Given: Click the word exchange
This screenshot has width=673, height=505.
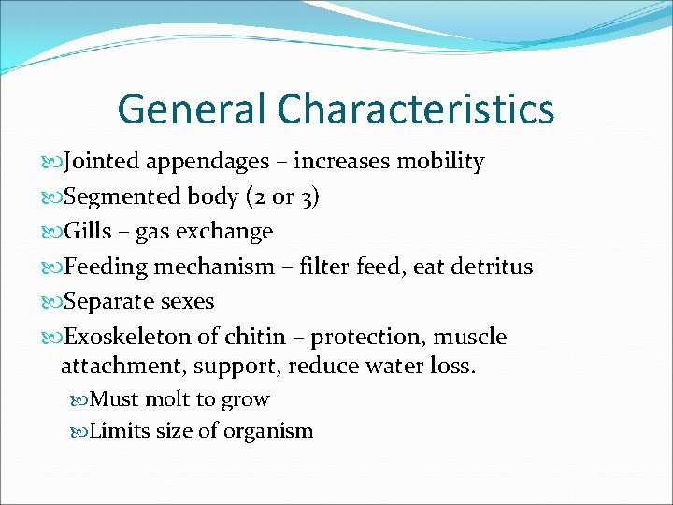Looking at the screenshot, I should pyautogui.click(x=223, y=231).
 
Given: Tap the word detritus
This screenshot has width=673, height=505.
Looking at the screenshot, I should pyautogui.click(x=488, y=267).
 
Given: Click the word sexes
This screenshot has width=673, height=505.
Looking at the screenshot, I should pyautogui.click(x=185, y=302).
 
